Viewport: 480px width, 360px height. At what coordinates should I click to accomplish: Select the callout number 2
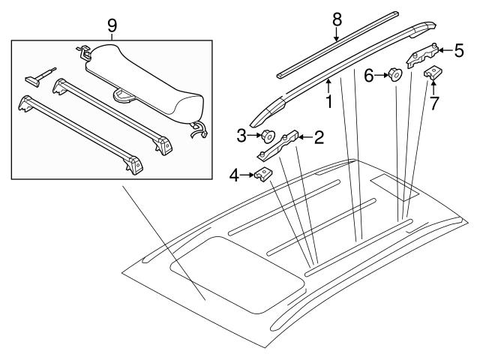pos(319,136)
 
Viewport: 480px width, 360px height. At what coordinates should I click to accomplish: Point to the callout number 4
pos(235,176)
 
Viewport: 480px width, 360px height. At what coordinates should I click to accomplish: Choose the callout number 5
pos(460,50)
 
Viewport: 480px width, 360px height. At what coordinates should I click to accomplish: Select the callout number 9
pos(112,25)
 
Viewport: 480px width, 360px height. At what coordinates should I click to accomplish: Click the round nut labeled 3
pos(266,136)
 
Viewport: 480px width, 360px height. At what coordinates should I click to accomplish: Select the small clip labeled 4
pos(262,175)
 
